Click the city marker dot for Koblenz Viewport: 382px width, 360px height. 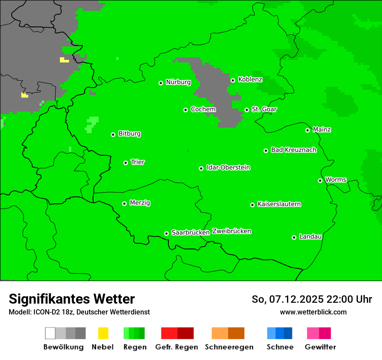pyautogui.click(x=233, y=80)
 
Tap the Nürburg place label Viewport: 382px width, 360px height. pyautogui.click(x=178, y=82)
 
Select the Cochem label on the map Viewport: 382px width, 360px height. pyautogui.click(x=203, y=109)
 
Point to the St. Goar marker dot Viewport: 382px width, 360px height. pyautogui.click(x=247, y=110)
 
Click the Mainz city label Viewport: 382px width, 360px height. pyautogui.click(x=322, y=129)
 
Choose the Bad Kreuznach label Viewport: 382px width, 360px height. pyautogui.click(x=293, y=150)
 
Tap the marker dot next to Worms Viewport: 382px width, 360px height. pyautogui.click(x=320, y=180)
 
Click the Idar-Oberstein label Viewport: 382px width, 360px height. pyautogui.click(x=228, y=167)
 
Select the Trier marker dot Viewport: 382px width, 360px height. pyautogui.click(x=125, y=163)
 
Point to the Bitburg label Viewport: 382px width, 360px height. pyautogui.click(x=129, y=134)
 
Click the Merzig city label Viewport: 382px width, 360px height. pyautogui.click(x=140, y=203)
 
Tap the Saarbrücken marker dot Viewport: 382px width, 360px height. pyautogui.click(x=166, y=233)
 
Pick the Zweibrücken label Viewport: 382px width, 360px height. pyautogui.click(x=231, y=231)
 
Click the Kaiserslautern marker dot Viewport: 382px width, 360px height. pyautogui.click(x=252, y=205)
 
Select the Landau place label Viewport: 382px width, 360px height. pyautogui.click(x=310, y=236)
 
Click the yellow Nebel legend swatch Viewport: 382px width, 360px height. pyautogui.click(x=103, y=333)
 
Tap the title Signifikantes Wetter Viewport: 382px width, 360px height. pyautogui.click(x=72, y=299)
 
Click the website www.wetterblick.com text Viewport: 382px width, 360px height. pyautogui.click(x=313, y=312)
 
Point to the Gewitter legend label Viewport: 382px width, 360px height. pyautogui.click(x=320, y=347)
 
